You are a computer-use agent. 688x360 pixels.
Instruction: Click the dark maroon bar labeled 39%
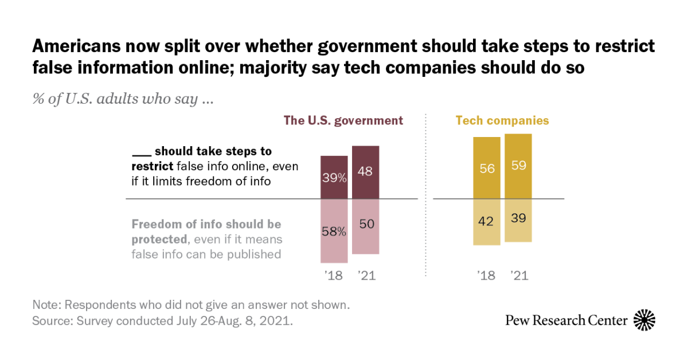[x=334, y=177]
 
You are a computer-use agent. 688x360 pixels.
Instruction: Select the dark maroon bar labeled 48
[x=366, y=173]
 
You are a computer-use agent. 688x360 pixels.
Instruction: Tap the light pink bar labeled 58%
[x=334, y=232]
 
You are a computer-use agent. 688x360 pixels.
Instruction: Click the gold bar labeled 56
[x=486, y=168]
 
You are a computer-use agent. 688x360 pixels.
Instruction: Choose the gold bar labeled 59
[x=518, y=166]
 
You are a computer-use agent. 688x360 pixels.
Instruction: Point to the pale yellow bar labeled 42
[x=486, y=222]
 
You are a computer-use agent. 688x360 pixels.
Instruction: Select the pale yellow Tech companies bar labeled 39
[x=518, y=220]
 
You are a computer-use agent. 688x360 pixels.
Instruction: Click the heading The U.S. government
[x=343, y=121]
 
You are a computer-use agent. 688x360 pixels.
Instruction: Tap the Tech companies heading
[x=502, y=121]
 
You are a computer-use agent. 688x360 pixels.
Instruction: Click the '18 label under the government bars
[x=333, y=276]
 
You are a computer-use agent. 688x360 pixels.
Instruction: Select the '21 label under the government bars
[x=366, y=276]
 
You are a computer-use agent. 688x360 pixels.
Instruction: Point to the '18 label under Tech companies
[x=486, y=276]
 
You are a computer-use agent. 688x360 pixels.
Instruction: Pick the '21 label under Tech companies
[x=518, y=276]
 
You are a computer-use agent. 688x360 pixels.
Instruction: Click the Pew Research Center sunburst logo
[x=644, y=320]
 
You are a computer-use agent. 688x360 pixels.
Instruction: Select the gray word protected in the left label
[x=159, y=239]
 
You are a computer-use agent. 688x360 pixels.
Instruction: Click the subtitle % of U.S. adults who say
[x=123, y=99]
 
